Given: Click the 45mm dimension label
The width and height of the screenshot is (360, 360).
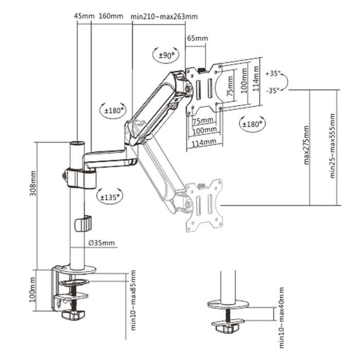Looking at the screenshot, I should [x=84, y=15].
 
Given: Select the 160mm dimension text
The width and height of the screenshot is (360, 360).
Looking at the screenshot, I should [x=111, y=15].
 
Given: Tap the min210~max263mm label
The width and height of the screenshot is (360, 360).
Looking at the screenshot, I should [x=164, y=16].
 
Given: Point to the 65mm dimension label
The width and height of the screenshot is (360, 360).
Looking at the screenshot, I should [x=197, y=39].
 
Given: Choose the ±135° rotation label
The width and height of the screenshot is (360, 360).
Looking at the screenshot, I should [x=110, y=195].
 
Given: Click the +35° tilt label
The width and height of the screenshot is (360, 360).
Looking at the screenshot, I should [x=273, y=73].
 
